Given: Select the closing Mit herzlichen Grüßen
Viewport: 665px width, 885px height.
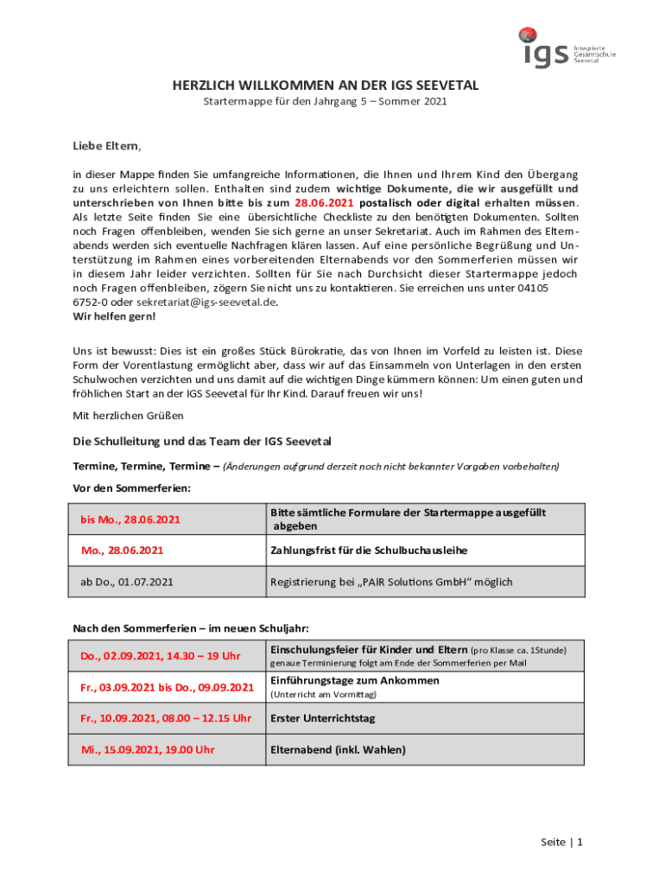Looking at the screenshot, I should pos(122,416).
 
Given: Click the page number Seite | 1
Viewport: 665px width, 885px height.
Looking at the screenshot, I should pos(562,842).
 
